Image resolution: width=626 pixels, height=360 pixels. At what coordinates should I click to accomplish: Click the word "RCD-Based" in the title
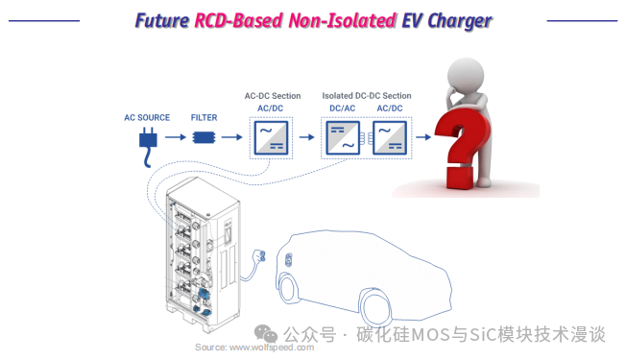(x=239, y=20)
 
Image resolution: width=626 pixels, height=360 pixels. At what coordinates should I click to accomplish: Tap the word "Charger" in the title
(x=460, y=21)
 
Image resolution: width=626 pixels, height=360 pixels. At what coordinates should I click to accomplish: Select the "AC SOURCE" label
(x=147, y=118)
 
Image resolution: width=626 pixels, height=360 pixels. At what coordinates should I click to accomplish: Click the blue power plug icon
(x=148, y=147)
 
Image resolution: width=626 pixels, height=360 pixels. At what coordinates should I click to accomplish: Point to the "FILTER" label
(x=204, y=118)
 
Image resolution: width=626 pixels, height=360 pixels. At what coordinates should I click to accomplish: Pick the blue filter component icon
(x=204, y=137)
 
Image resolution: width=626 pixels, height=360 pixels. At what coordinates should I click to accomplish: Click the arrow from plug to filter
(x=176, y=137)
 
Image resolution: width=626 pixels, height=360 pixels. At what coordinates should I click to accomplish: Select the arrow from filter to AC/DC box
(x=232, y=137)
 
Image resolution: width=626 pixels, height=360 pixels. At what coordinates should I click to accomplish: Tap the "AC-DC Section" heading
(x=273, y=96)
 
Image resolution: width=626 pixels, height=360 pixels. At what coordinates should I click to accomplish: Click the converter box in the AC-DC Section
(x=271, y=137)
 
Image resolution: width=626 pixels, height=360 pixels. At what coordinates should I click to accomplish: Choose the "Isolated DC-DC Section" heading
(x=367, y=96)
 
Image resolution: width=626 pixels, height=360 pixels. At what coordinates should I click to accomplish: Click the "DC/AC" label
(x=343, y=108)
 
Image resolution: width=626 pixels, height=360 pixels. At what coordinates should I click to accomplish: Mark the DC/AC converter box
(x=343, y=137)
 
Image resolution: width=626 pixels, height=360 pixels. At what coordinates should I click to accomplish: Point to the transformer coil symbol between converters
(x=367, y=138)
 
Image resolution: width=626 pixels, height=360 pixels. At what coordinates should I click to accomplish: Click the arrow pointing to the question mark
(x=423, y=137)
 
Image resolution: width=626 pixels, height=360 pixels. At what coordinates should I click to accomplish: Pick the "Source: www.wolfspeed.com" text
(x=254, y=348)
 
